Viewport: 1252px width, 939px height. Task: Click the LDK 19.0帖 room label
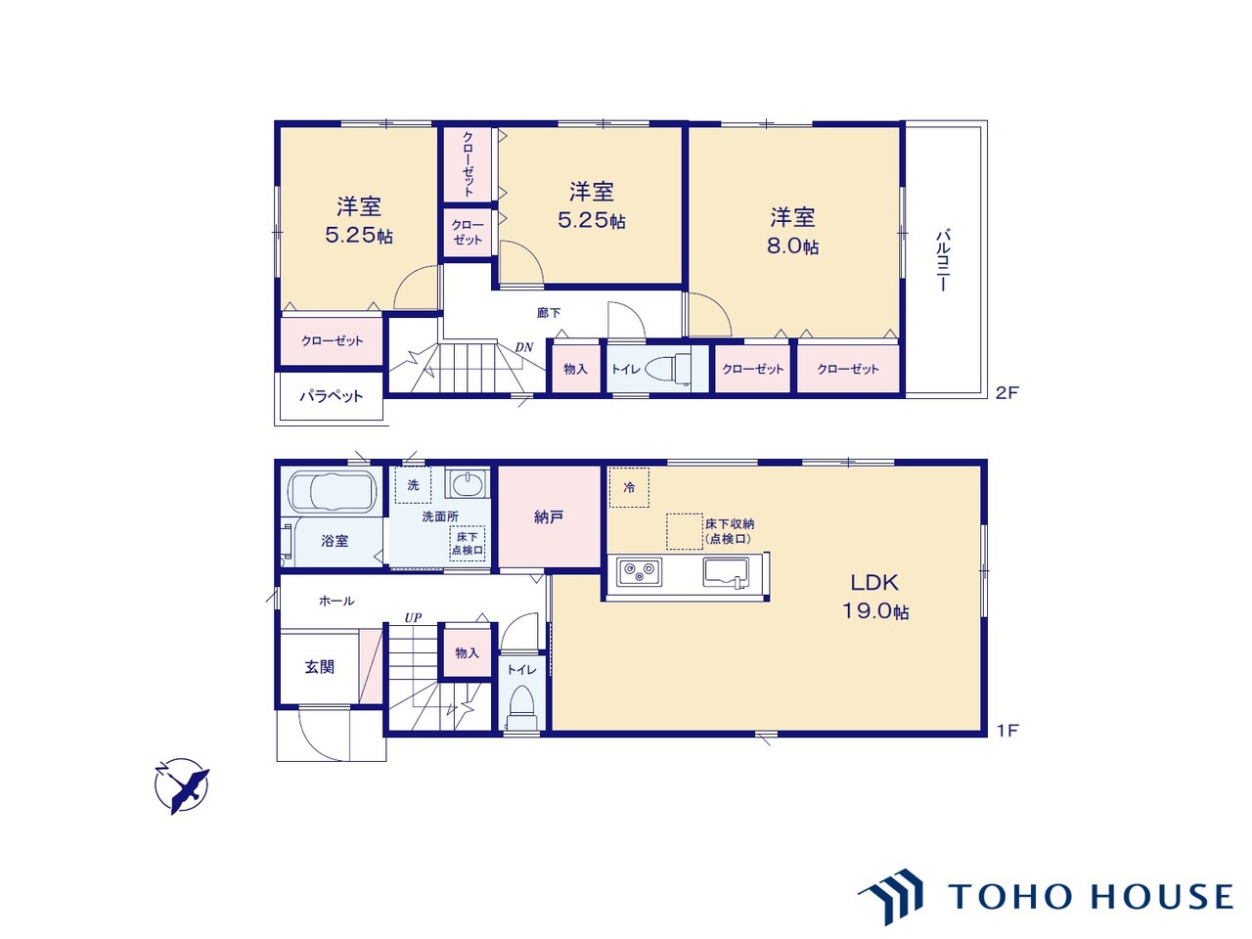[x=875, y=597]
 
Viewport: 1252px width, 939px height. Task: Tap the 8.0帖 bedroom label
[x=792, y=232]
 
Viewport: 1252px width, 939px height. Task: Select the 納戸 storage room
[x=549, y=517]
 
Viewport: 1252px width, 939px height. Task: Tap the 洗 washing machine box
[x=413, y=485]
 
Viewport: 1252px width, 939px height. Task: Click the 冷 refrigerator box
[x=629, y=487]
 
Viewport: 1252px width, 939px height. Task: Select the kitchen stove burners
[x=639, y=571]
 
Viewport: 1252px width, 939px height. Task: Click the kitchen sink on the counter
[x=726, y=572]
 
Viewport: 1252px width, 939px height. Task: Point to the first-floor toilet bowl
[x=520, y=708]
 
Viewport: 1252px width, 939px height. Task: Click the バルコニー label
[x=942, y=260]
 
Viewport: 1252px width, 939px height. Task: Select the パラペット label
[x=332, y=396]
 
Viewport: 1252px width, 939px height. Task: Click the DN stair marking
[x=524, y=346]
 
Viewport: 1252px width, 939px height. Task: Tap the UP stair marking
[x=413, y=617]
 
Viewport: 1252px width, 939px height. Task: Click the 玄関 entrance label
[x=320, y=666]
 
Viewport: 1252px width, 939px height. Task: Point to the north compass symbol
[x=182, y=785]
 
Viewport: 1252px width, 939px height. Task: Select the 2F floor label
[x=1006, y=393]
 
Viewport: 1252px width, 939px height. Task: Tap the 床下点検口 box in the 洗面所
[x=468, y=543]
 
